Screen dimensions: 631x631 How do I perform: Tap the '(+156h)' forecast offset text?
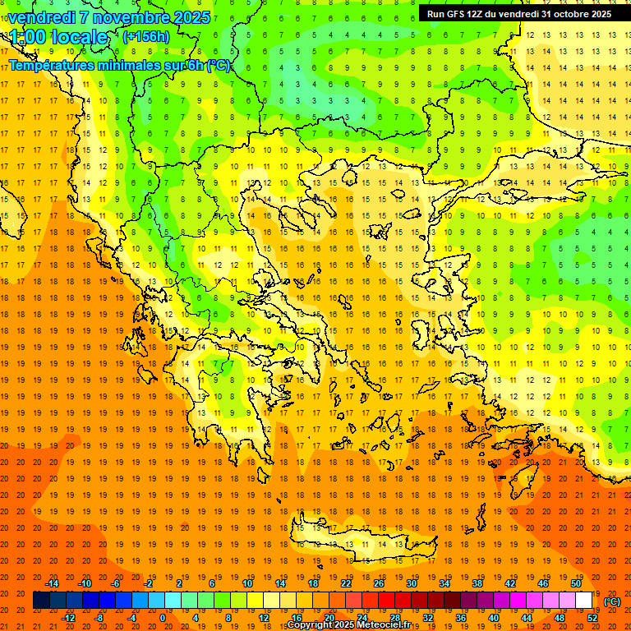pos(146,36)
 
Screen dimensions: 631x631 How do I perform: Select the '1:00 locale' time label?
pos(58,37)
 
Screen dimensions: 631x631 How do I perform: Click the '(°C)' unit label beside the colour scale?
pos(612,601)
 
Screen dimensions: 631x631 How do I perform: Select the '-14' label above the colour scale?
pos(53,583)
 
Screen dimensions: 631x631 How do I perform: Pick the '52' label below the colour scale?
pos(593,617)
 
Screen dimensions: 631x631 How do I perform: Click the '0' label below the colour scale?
pos(163,617)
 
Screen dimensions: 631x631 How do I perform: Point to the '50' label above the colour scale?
pos(575,583)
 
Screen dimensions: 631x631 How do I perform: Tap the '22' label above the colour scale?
pos(346,583)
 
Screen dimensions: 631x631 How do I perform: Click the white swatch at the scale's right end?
pos(584,600)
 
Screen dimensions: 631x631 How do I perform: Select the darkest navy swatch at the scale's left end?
pos(41,600)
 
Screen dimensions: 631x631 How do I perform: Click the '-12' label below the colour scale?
pos(69,617)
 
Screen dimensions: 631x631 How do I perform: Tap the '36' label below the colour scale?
pos(461,617)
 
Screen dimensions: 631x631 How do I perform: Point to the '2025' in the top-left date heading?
pos(188,16)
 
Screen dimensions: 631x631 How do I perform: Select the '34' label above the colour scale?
pos(444,583)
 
